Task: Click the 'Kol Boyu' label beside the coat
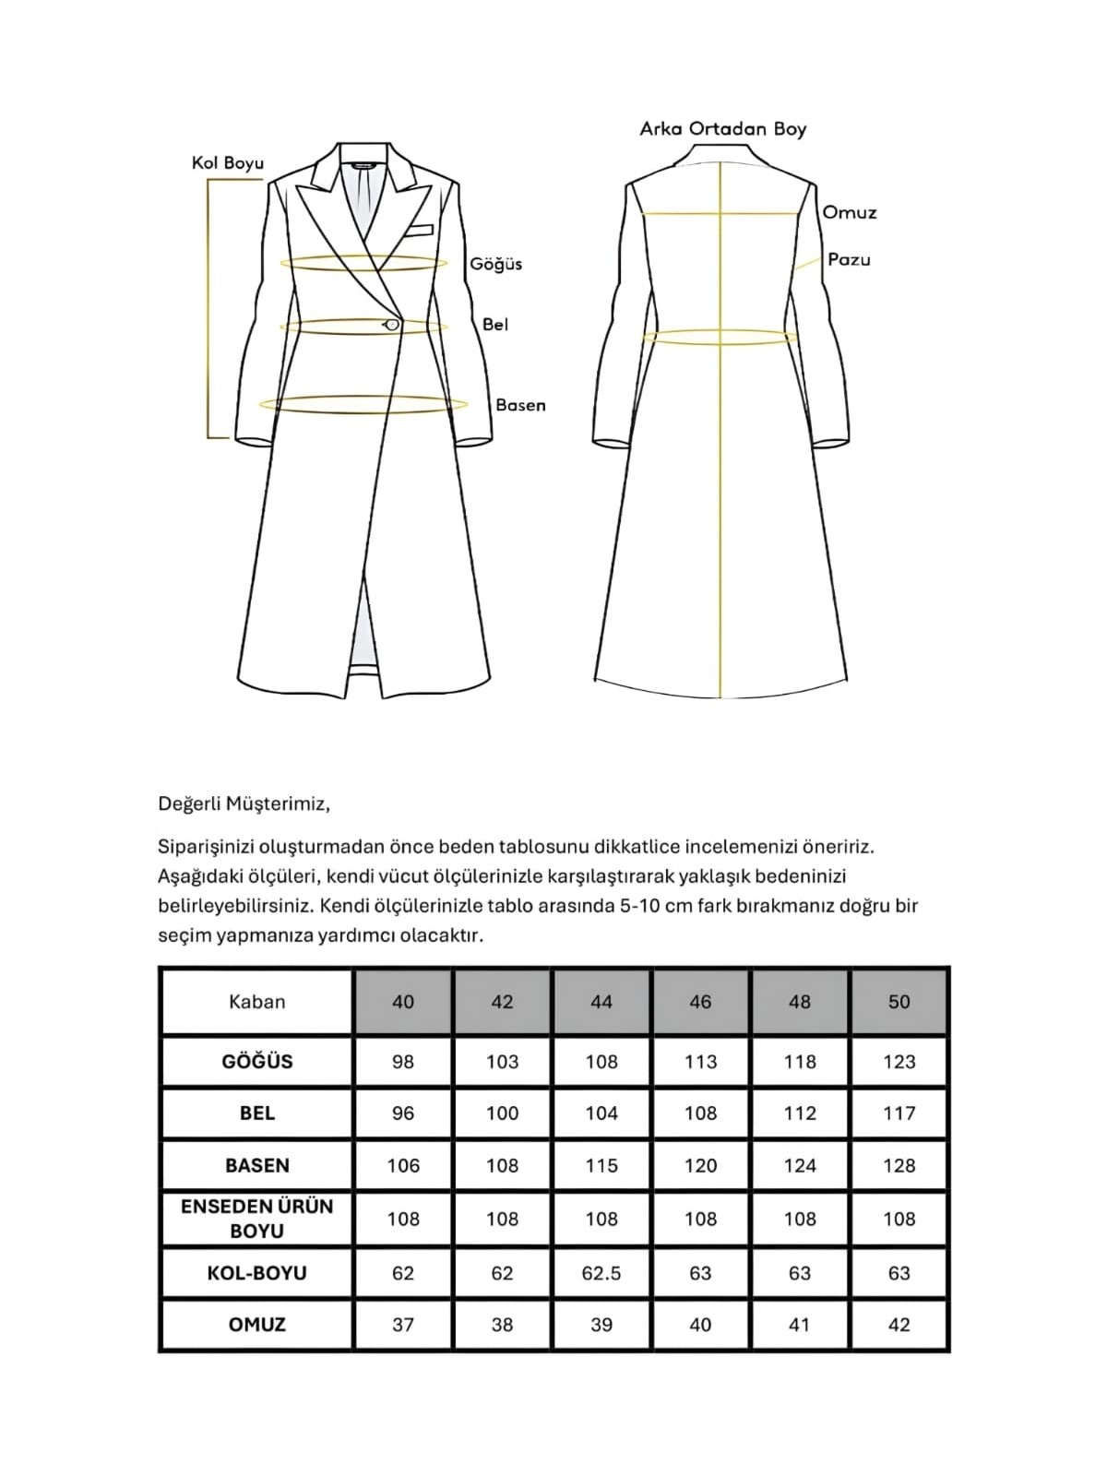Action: pos(228,163)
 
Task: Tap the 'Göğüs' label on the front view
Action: pos(495,264)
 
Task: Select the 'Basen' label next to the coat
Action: pos(520,405)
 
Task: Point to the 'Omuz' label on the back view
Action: pos(849,213)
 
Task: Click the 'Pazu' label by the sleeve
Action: pos(849,259)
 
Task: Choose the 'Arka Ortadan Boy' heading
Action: pos(722,129)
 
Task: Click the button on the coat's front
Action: pos(392,324)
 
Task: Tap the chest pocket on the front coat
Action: pos(418,229)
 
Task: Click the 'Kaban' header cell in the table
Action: pos(256,1002)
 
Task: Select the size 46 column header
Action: pos(700,1002)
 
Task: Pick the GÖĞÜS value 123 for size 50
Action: pos(899,1062)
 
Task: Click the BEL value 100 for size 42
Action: pos(502,1113)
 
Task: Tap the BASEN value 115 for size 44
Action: pos(601,1166)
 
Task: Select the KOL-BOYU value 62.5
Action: pos(601,1273)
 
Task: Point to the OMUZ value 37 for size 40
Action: pos(403,1325)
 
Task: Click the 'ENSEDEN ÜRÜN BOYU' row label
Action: pos(256,1219)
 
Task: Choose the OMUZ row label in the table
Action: pos(256,1325)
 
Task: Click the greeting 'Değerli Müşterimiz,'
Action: pos(244,803)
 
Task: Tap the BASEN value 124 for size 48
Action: pos(800,1166)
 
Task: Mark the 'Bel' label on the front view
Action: pos(495,325)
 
